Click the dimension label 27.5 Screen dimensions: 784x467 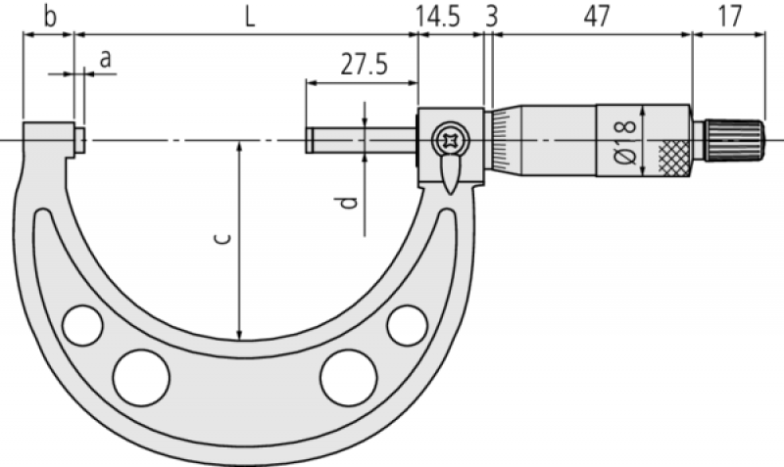[x=364, y=65]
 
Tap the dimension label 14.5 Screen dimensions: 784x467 [x=438, y=16]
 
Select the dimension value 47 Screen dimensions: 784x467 [x=597, y=16]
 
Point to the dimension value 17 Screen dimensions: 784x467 [x=730, y=16]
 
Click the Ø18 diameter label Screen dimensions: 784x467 [x=625, y=142]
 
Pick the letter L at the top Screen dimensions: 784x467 [x=250, y=18]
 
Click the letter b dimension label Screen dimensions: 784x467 [x=50, y=16]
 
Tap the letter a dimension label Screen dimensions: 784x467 [x=105, y=60]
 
